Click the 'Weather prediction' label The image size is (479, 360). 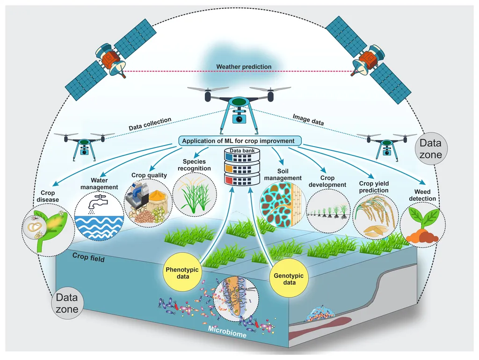click(244, 67)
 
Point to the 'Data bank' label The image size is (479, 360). click(242, 151)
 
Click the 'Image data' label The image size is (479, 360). click(309, 119)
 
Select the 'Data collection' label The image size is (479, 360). click(150, 124)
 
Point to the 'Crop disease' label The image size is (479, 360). click(49, 197)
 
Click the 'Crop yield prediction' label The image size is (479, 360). click(374, 187)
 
